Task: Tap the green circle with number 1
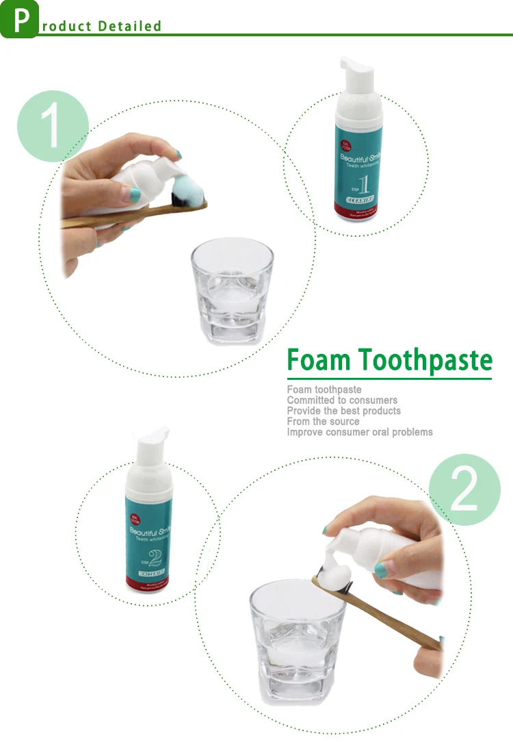click(53, 126)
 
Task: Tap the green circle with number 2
click(464, 489)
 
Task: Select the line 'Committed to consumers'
click(342, 400)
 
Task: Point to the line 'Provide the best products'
click(344, 411)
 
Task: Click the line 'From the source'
click(323, 422)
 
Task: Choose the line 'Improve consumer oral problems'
click(360, 432)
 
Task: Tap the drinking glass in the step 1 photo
click(231, 291)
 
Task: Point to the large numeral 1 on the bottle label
click(365, 185)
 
